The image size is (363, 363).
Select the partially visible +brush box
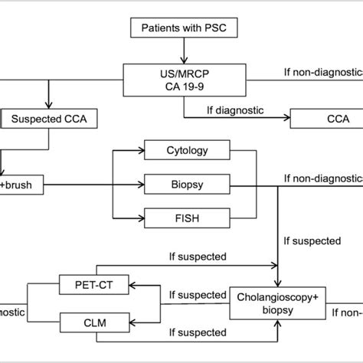coord(21,184)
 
